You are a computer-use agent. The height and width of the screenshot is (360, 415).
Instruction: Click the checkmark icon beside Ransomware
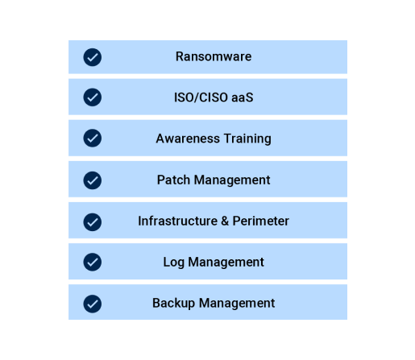pos(93,57)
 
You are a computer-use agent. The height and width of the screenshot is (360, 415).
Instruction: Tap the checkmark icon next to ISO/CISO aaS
pos(93,97)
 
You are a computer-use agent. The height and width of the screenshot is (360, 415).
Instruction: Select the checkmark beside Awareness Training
pos(93,139)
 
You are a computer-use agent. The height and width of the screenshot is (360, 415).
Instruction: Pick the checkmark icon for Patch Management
pos(93,180)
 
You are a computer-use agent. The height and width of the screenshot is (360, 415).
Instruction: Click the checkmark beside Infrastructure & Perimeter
pos(93,222)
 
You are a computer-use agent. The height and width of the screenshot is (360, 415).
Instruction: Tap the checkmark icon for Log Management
pos(93,262)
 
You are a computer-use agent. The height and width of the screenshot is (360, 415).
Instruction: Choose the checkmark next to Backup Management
pos(93,304)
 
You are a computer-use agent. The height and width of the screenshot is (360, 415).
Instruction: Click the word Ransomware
pos(214,56)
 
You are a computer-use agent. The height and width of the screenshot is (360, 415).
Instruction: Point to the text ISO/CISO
pos(201,97)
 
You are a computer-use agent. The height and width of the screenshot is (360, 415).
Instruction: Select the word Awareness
pos(188,139)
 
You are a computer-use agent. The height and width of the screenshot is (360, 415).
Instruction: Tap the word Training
pos(247,139)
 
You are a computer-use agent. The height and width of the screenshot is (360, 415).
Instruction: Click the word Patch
pos(173,180)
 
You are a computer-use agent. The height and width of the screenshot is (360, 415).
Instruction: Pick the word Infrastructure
pos(178,221)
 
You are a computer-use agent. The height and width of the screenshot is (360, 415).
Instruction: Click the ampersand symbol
pos(225,221)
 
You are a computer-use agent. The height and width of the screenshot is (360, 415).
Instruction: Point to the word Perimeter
pos(261,221)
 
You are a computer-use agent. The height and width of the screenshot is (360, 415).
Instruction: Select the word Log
pos(174,263)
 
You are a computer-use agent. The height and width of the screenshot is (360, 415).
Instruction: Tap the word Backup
pos(173,304)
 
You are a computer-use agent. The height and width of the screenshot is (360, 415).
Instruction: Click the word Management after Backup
pos(237,304)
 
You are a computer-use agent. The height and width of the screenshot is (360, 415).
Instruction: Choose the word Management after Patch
pos(232,180)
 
